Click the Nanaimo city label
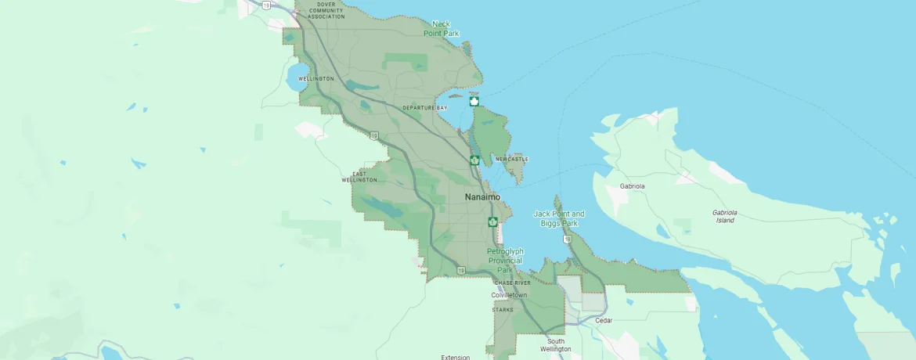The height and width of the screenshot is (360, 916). pyautogui.click(x=481, y=197)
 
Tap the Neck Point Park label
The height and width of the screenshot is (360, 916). pyautogui.click(x=441, y=29)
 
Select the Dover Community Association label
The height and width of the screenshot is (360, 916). pyautogui.click(x=326, y=10)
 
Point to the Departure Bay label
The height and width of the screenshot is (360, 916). pyautogui.click(x=425, y=107)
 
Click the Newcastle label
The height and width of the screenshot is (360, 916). pyautogui.click(x=512, y=160)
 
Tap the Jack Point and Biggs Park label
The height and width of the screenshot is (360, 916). pyautogui.click(x=559, y=218)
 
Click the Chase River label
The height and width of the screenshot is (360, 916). pyautogui.click(x=512, y=283)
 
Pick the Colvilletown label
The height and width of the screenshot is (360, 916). pyautogui.click(x=509, y=295)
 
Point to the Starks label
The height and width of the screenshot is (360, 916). pyautogui.click(x=503, y=310)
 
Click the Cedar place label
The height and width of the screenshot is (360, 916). pyautogui.click(x=603, y=320)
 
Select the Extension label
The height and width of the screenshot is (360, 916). pyautogui.click(x=455, y=357)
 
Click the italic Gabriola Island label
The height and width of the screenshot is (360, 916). pyautogui.click(x=724, y=216)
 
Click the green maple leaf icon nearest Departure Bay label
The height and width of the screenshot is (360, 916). pyautogui.click(x=474, y=102)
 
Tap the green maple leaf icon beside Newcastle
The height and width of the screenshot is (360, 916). pyautogui.click(x=474, y=160)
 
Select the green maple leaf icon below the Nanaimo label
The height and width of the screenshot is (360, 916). pyautogui.click(x=492, y=221)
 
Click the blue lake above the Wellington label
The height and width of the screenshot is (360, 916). pyautogui.click(x=298, y=77)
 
